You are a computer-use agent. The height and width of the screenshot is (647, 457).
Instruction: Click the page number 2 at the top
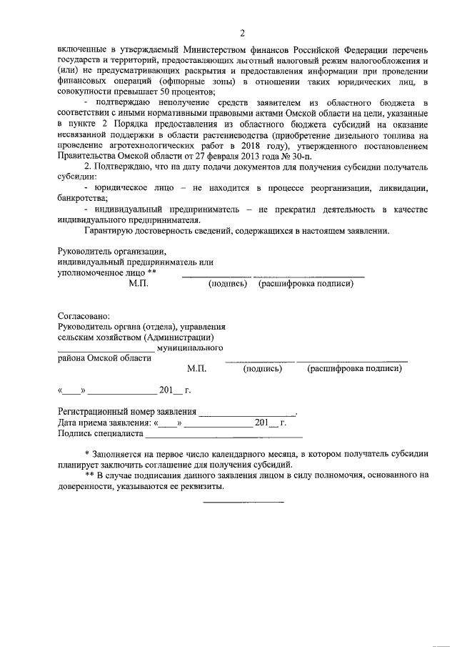pyautogui.click(x=242, y=34)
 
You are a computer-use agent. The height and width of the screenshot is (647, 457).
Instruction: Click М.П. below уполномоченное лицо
pyautogui.click(x=139, y=284)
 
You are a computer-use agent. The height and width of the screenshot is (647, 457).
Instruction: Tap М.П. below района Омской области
pyautogui.click(x=196, y=369)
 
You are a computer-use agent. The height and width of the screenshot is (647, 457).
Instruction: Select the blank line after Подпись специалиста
pyautogui.click(x=224, y=435)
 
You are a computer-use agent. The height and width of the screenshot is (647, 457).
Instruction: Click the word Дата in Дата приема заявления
pyautogui.click(x=69, y=423)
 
